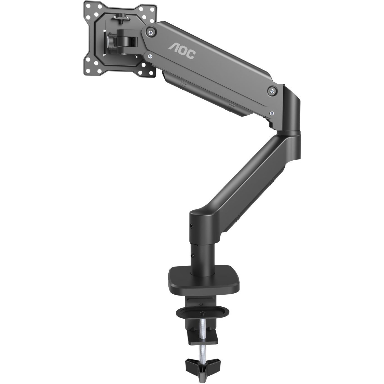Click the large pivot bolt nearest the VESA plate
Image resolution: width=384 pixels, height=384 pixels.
(x=151, y=31)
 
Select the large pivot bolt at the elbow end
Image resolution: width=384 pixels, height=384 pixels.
(x=272, y=91)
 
